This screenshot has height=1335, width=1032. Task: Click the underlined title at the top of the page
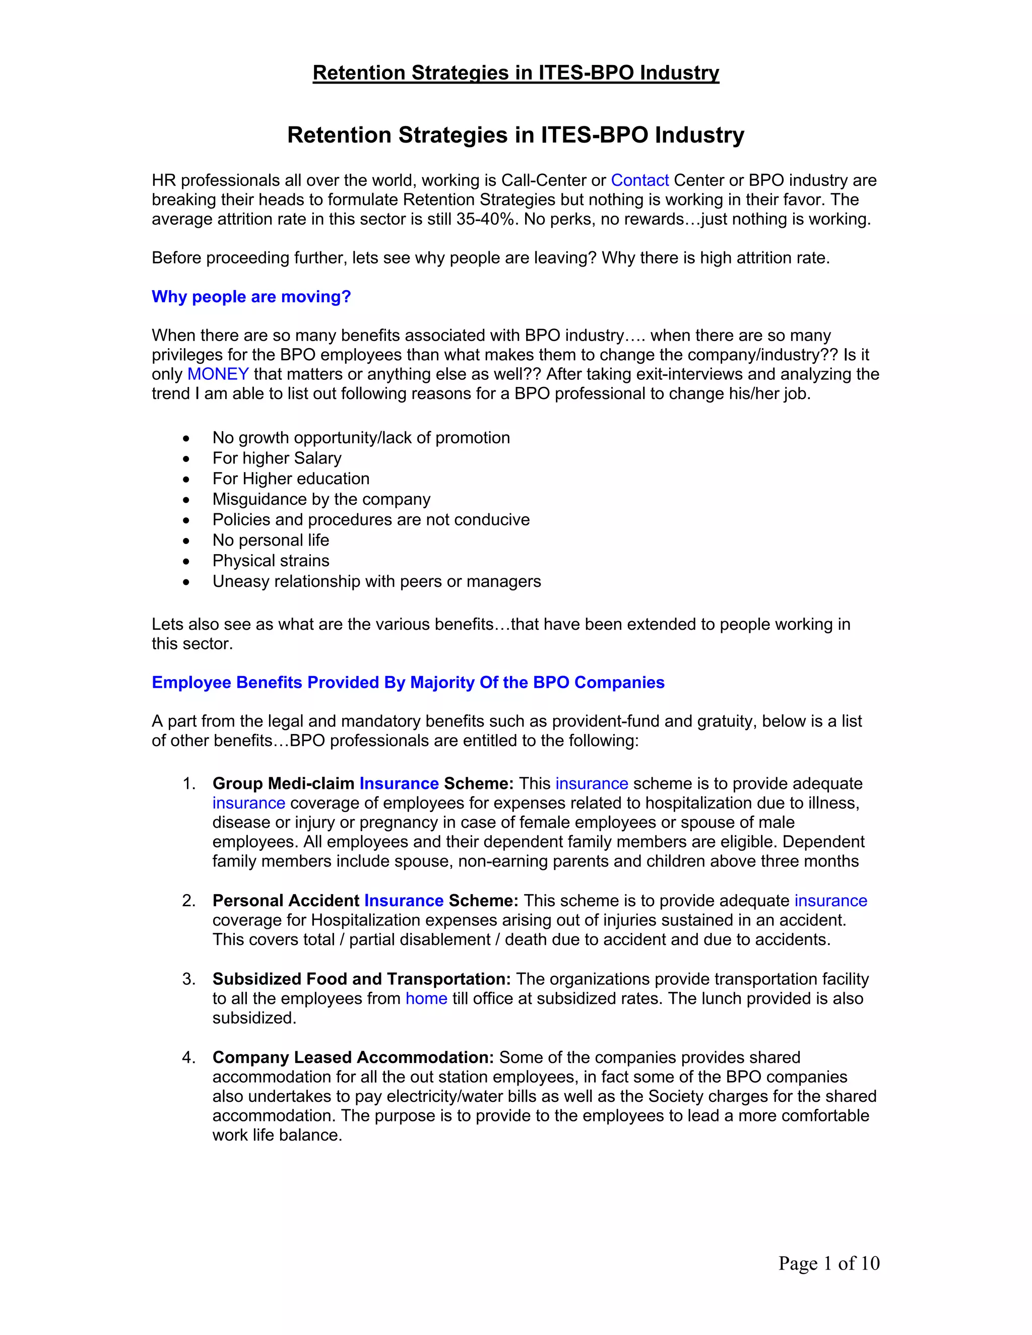(x=515, y=73)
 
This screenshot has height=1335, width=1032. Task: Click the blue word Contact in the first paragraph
(x=639, y=180)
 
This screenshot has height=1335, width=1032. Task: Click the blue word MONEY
(x=218, y=374)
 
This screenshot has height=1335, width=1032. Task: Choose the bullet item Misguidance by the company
(x=321, y=499)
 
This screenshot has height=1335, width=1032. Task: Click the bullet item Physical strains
(x=270, y=561)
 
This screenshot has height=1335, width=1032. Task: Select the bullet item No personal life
(x=270, y=541)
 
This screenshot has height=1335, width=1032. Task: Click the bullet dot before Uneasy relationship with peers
(x=186, y=582)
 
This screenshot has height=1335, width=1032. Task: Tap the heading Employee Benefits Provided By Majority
(x=408, y=682)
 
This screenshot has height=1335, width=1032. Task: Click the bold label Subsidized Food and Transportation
(x=361, y=979)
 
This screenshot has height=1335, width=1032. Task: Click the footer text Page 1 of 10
(x=828, y=1263)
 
